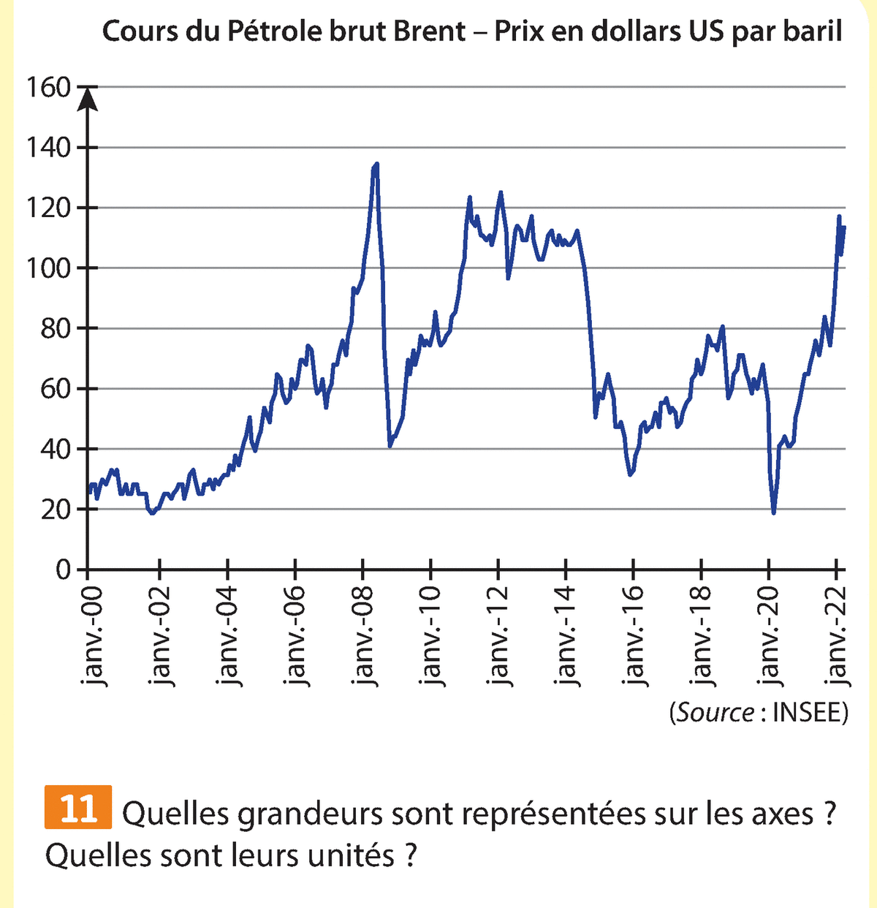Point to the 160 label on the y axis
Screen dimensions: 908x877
(49, 88)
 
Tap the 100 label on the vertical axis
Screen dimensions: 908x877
(49, 268)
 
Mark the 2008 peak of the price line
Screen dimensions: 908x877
(376, 164)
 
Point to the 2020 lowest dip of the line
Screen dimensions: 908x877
(773, 512)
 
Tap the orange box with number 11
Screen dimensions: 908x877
(78, 808)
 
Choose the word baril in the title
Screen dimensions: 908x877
(813, 33)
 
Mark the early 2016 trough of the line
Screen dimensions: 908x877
(631, 475)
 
